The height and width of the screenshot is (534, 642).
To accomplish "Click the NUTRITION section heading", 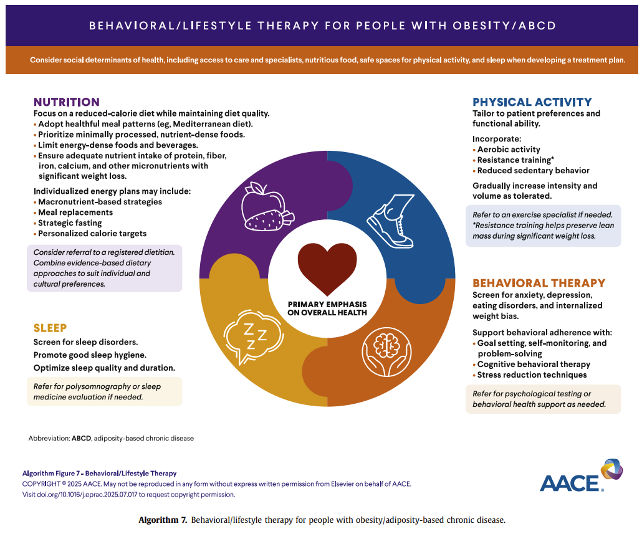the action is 66,102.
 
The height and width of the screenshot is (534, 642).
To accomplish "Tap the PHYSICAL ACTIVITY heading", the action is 532,102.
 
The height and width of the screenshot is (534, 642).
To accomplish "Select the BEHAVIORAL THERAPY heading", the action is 539,283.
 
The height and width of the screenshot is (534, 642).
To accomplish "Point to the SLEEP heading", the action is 50,328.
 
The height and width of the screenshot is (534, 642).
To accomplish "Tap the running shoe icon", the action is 391,221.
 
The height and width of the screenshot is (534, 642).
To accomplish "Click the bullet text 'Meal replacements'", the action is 75,212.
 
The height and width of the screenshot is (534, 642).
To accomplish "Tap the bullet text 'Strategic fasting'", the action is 70,223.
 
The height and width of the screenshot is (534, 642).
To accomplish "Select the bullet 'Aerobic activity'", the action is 509,150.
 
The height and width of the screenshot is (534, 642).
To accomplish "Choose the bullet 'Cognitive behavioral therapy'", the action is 534,364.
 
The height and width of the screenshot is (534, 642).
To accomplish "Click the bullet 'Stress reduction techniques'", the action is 532,375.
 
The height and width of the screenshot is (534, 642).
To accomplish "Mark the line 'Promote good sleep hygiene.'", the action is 90,355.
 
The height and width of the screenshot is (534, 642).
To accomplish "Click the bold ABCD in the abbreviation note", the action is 82,438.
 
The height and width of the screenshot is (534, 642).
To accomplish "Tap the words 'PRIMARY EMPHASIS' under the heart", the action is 327,305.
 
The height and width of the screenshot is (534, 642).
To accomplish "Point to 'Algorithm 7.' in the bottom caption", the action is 163,520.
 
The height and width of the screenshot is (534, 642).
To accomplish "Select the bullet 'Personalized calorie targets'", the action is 92,234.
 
